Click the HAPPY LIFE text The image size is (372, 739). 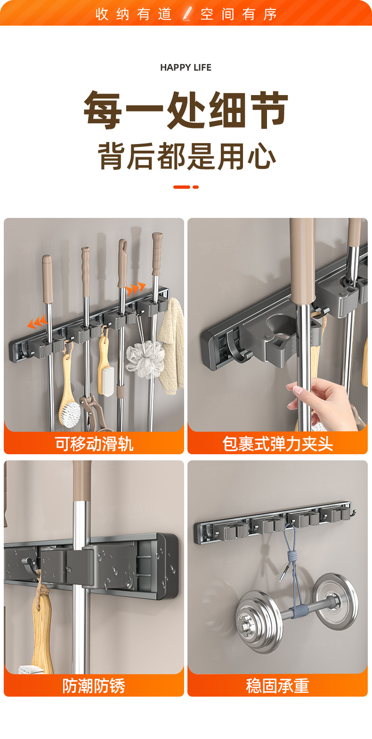[186, 67]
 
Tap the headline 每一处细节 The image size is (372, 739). [186, 110]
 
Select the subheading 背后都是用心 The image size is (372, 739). [186, 156]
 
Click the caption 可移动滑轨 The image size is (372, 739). [94, 443]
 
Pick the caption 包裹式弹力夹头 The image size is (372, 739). [277, 443]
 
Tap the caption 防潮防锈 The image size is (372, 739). [94, 686]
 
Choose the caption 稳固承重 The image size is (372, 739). [277, 686]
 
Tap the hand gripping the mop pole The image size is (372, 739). [325, 402]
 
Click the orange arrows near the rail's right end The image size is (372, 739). [136, 288]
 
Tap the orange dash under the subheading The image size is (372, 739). [186, 187]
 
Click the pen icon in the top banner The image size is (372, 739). [187, 13]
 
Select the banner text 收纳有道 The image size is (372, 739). [133, 14]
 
